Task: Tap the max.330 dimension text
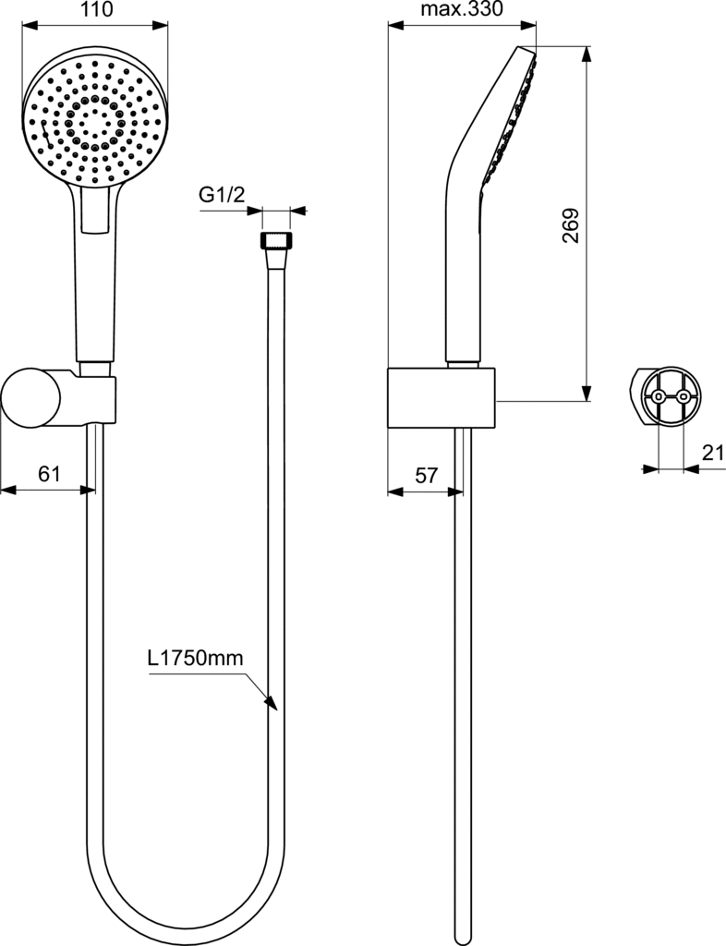coord(461,9)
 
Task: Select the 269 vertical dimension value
coord(570,225)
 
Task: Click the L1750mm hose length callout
coord(196,658)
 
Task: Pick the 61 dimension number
coord(50,474)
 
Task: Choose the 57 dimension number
coord(427,476)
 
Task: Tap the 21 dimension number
coord(713,452)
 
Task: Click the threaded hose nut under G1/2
coord(275,240)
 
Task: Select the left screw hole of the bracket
coord(658,396)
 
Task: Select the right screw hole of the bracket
coord(683,396)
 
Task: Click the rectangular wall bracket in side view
coord(441,397)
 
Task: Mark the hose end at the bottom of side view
coord(463,939)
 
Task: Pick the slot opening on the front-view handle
coord(95,212)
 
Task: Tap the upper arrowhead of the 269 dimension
coord(586,55)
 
